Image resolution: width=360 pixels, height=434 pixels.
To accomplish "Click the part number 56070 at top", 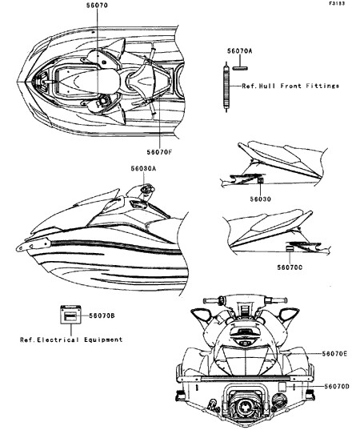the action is pos(97,6).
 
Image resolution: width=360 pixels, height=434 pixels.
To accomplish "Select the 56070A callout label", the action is pos(240,51).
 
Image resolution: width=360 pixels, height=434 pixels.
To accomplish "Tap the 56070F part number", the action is pos(159,152).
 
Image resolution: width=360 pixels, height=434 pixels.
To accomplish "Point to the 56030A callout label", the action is pos(143,168).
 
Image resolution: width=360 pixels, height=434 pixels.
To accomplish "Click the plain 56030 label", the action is pos(261,199).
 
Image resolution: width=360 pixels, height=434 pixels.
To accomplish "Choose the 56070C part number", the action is pos(290,267).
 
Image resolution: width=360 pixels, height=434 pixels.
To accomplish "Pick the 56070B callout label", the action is pos(102,315).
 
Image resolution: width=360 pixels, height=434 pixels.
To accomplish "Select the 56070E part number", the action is pos(334,353).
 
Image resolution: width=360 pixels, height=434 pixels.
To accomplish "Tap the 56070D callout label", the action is pos(337,386).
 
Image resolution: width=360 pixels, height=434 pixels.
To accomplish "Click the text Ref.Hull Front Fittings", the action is pos(290,86).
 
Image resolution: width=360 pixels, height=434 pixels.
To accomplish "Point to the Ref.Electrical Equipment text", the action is pos(71,340).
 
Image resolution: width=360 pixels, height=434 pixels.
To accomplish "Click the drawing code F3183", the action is pos(337,3).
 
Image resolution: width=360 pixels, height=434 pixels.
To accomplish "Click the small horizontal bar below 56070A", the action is pos(240,68).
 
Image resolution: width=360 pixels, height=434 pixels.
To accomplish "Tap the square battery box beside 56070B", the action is pos(70,315).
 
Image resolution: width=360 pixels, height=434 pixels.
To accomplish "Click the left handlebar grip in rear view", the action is pos(211,300).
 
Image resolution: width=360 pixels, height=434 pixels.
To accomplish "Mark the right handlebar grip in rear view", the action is pos(278,300).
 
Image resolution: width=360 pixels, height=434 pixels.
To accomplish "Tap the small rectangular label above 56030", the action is pos(261,181).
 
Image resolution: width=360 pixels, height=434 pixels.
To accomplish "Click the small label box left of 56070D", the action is pos(282,387).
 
